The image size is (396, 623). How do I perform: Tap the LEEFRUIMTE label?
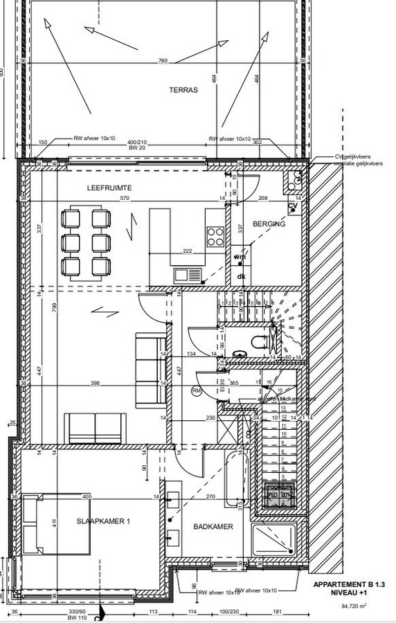pyautogui.click(x=109, y=188)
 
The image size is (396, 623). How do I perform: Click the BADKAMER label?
pyautogui.click(x=213, y=527)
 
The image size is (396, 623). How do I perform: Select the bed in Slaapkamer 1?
pyautogui.click(x=55, y=524)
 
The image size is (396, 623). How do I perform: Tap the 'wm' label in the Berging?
pyautogui.click(x=240, y=257)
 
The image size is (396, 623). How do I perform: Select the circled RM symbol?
pyautogui.click(x=197, y=391)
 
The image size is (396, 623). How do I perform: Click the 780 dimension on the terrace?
pyautogui.click(x=162, y=61)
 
